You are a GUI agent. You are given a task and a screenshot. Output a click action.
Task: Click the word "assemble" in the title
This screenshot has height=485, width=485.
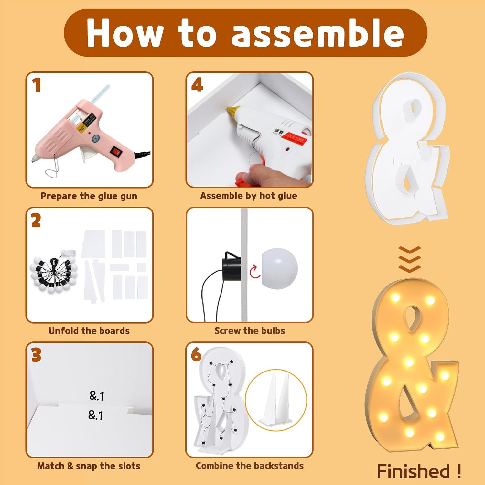318,33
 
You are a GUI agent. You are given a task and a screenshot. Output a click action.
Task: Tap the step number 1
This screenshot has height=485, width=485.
37,85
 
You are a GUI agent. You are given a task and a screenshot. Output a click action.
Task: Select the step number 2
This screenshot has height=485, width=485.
36,221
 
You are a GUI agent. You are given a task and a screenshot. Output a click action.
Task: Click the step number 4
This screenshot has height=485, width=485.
197,85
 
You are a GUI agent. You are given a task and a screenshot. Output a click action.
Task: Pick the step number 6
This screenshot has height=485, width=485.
196,355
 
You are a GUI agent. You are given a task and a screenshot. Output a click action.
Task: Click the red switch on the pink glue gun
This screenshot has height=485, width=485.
116,151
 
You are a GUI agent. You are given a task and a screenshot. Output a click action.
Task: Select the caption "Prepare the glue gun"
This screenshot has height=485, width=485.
89,196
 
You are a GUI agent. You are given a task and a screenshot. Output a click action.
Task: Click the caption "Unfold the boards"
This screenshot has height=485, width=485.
89,331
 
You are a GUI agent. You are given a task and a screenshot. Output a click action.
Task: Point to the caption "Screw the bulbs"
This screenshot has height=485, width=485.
250,331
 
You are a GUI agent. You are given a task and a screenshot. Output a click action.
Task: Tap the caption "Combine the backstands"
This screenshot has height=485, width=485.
250,466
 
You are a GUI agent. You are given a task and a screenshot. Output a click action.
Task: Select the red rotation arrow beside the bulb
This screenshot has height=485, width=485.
255,271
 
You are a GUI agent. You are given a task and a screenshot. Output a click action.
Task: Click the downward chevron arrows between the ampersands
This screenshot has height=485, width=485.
410,259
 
